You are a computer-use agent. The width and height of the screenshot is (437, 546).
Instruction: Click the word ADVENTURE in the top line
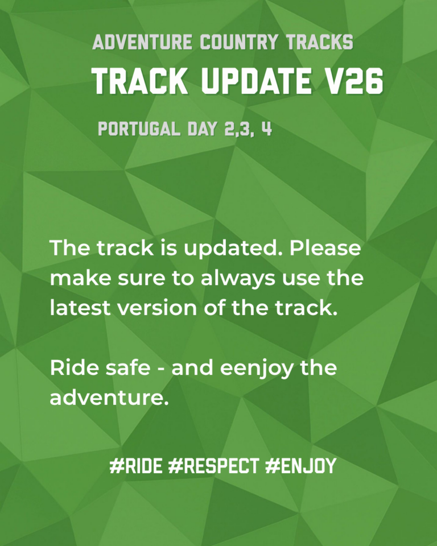point(142,42)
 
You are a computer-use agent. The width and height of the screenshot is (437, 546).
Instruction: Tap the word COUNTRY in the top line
point(239,42)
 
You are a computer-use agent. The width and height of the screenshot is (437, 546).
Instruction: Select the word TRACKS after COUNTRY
point(320,42)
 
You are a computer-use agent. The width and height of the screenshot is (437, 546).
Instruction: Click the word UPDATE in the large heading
point(256,81)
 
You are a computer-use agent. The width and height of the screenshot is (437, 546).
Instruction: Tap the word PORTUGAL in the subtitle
point(139,129)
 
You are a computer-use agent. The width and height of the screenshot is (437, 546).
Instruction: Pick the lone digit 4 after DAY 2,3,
point(267,129)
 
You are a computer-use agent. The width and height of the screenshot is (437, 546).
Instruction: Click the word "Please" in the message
point(325,248)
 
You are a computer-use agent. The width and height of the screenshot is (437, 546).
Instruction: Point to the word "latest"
point(80,308)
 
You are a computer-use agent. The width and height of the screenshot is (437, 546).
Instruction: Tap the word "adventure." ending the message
point(109,398)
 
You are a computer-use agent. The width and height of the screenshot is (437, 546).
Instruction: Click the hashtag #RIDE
point(136,466)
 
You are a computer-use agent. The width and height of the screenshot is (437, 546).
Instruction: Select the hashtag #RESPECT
point(213,466)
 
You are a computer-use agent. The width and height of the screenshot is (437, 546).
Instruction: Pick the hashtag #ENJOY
point(300,466)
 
